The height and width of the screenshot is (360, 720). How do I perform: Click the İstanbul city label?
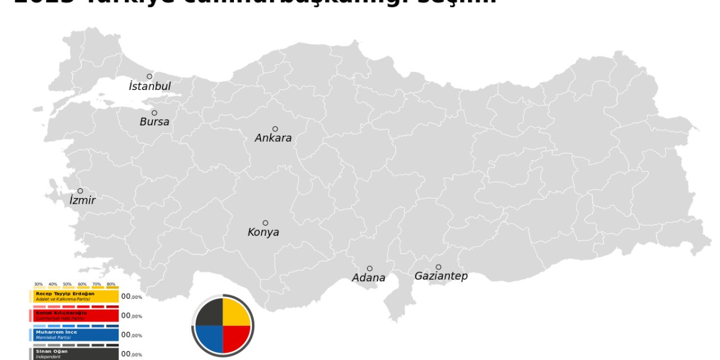point(150,87)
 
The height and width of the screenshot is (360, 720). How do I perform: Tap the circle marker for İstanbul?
point(150,76)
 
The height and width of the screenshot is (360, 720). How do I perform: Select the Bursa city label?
point(154,122)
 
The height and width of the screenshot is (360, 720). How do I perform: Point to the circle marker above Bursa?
point(154,113)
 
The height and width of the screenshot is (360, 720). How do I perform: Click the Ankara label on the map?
point(273,138)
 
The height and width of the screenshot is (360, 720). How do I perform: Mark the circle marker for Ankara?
point(275,129)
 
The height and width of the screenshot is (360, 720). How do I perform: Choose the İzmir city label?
point(83,200)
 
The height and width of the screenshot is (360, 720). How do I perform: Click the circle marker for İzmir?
point(80,191)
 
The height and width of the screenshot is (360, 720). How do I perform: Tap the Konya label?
point(263,232)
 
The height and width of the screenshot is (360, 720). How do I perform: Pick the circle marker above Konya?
point(265,223)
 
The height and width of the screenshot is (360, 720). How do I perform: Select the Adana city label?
point(368,278)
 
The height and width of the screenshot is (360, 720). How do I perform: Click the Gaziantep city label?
point(441,276)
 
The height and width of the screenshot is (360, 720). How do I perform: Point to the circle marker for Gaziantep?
point(438,267)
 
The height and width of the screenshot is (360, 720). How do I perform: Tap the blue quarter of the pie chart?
point(210,339)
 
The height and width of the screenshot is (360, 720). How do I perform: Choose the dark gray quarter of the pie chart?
point(210,313)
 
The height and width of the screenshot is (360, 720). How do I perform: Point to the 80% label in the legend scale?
point(111,284)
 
